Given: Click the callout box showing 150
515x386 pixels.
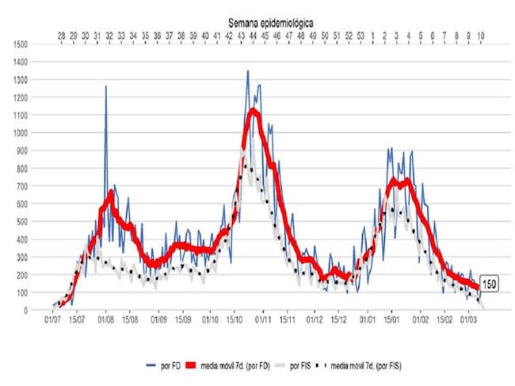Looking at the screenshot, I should (490, 285).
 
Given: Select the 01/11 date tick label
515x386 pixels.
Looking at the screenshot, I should (261, 321).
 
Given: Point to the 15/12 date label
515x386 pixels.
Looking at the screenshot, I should (340, 321).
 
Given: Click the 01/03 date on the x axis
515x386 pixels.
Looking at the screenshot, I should (469, 321).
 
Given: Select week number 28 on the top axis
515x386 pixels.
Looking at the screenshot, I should (61, 36).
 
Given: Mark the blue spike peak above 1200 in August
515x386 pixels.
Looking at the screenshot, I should (105, 86).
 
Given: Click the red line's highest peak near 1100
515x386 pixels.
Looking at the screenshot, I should (254, 110).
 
